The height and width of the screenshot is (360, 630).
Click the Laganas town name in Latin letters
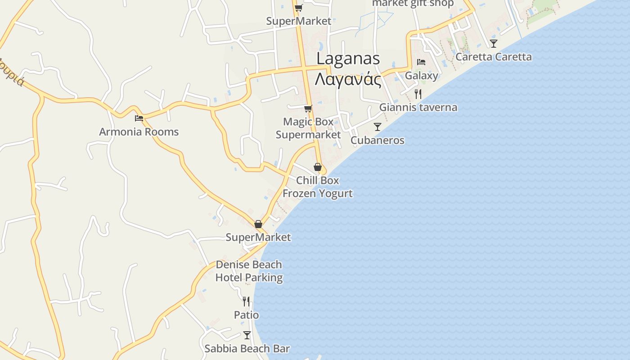pyautogui.click(x=348, y=59)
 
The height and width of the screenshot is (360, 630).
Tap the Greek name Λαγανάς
pyautogui.click(x=348, y=80)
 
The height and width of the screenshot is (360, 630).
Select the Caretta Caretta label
pyautogui.click(x=493, y=57)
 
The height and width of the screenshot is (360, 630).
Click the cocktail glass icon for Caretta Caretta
pyautogui.click(x=494, y=44)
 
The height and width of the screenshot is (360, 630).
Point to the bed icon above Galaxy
pyautogui.click(x=421, y=62)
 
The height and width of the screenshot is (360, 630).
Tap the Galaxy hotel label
pyautogui.click(x=421, y=76)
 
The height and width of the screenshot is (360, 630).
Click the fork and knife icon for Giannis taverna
pyautogui.click(x=418, y=94)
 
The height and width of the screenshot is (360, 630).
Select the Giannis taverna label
pyautogui.click(x=418, y=108)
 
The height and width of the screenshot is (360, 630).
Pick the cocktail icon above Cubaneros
pyautogui.click(x=378, y=127)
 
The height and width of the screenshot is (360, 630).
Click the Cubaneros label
pyautogui.click(x=378, y=140)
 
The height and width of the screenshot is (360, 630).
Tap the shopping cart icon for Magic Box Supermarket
pyautogui.click(x=308, y=108)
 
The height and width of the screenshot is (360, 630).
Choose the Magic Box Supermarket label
pyautogui.click(x=308, y=128)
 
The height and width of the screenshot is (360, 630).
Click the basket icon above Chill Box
pyautogui.click(x=318, y=167)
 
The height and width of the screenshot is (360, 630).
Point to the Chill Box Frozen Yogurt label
pyautogui.click(x=318, y=187)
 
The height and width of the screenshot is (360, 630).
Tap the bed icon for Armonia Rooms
pyautogui.click(x=139, y=118)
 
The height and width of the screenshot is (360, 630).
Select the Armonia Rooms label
pyautogui.click(x=139, y=132)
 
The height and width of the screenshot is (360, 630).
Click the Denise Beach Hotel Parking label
pyautogui.click(x=249, y=271)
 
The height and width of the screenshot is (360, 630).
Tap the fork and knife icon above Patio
pyautogui.click(x=246, y=301)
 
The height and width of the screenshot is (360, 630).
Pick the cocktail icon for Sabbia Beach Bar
pyautogui.click(x=247, y=335)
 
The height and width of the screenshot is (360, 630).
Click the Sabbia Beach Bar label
pyautogui.click(x=247, y=349)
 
